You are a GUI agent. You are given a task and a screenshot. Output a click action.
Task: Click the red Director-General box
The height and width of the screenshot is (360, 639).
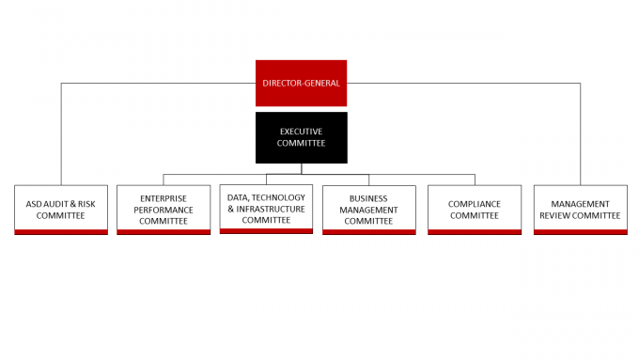(x=301, y=83)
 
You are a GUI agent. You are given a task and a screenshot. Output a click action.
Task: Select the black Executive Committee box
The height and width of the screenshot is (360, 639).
(x=302, y=138)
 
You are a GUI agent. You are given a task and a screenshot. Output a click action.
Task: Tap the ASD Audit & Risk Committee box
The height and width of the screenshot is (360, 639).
(x=61, y=210)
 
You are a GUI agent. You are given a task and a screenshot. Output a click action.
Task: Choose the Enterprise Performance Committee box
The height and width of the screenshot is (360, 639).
(x=164, y=210)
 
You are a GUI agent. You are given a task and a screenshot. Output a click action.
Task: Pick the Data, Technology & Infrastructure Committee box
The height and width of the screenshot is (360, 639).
(x=266, y=210)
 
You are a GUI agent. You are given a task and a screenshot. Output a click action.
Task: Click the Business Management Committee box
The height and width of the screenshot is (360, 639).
(x=369, y=210)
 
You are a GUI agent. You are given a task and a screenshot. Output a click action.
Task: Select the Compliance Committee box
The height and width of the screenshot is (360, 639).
(x=475, y=210)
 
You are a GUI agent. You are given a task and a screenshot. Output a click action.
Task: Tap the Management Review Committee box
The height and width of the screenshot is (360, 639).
(x=581, y=210)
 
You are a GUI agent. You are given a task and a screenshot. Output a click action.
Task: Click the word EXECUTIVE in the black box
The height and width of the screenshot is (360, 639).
(x=301, y=132)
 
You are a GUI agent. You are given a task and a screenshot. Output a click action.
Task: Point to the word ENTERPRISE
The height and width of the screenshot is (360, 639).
(x=164, y=198)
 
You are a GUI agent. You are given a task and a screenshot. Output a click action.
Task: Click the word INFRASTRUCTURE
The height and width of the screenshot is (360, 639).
(x=271, y=210)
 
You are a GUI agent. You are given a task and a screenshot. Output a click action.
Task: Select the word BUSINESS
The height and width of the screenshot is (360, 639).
(x=368, y=198)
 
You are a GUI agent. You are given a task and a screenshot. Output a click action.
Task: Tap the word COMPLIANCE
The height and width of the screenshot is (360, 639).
(x=475, y=204)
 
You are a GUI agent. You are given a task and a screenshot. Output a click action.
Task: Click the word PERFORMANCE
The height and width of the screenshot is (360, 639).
(x=164, y=210)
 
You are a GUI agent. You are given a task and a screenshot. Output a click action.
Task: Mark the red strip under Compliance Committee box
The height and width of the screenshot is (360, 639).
(x=475, y=232)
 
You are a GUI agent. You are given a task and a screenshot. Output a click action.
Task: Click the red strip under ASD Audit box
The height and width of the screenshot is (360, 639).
(x=61, y=232)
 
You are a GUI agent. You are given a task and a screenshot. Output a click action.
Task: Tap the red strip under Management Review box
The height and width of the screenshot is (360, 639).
(x=581, y=232)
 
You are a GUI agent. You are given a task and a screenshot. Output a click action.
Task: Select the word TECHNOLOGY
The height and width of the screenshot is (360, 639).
(x=278, y=197)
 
